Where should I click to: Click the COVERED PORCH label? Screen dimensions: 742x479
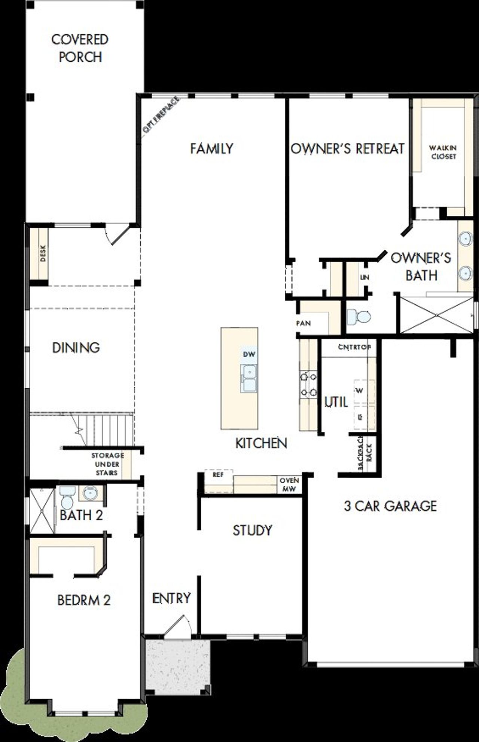[80, 48]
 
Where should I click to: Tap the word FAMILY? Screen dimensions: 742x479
[211, 149]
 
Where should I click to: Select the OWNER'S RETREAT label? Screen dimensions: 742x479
[348, 149]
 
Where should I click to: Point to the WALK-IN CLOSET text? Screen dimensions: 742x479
[443, 153]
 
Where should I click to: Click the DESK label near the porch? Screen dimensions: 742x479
[42, 253]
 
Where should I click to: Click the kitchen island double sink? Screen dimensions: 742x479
[249, 378]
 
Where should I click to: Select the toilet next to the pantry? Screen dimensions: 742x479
[358, 317]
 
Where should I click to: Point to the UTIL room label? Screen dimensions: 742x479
[336, 402]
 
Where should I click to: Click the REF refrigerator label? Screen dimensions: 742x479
[218, 475]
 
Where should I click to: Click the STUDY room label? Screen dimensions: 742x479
[252, 530]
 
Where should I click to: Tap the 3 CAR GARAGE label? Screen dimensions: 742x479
[390, 506]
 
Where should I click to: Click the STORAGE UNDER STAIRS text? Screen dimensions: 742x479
[107, 464]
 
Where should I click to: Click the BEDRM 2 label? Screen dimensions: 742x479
[84, 600]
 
